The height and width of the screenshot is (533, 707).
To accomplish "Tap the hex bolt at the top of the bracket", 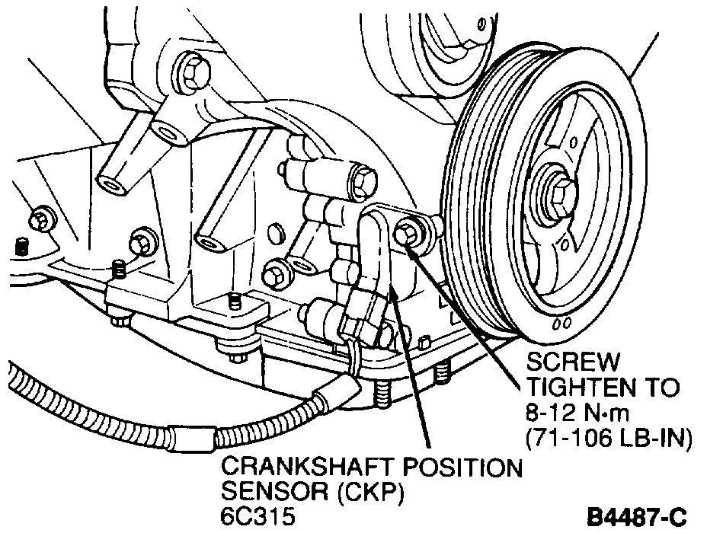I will (191, 70).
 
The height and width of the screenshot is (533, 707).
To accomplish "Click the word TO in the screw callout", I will (659, 388).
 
